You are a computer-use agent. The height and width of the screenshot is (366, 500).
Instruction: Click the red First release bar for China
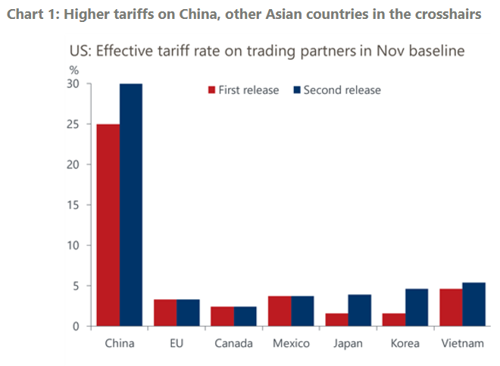[x=107, y=225]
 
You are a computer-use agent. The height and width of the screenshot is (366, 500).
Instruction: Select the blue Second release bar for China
[x=130, y=205]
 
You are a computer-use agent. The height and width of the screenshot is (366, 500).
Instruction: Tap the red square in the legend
[x=212, y=90]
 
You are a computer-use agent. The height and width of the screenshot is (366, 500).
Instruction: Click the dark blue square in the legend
[x=297, y=90]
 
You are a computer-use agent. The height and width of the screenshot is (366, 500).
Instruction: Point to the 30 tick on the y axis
[x=74, y=83]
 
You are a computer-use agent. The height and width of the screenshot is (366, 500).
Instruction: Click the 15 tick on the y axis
[x=74, y=205]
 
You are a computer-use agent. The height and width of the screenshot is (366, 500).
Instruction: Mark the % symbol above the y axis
[x=74, y=70]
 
